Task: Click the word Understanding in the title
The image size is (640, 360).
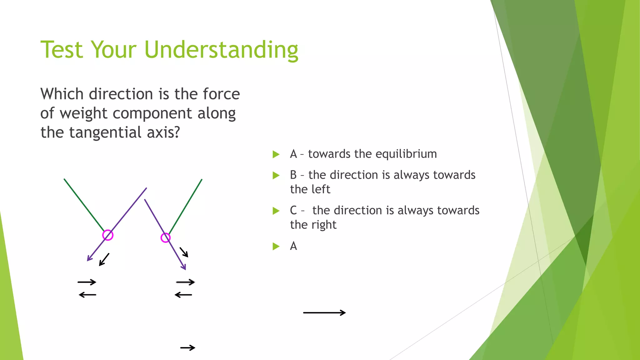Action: (221, 50)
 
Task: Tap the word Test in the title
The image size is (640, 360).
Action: (62, 50)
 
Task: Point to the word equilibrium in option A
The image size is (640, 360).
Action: (406, 154)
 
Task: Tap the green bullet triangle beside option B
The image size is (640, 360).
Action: (276, 175)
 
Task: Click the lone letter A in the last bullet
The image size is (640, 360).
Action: (293, 246)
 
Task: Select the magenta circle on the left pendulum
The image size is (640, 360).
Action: (108, 235)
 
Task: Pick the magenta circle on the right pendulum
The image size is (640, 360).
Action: (165, 238)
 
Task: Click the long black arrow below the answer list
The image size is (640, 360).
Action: (324, 312)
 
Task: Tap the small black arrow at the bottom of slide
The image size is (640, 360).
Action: (188, 347)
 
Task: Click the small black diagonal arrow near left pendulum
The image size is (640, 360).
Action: (104, 260)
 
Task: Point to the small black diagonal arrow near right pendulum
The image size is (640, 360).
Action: (184, 252)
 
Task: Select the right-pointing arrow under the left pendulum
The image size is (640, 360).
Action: (87, 282)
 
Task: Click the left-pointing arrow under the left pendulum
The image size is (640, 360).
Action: (87, 295)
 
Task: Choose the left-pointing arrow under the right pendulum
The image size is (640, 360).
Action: (183, 295)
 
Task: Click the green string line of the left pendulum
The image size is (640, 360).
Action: (84, 205)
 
